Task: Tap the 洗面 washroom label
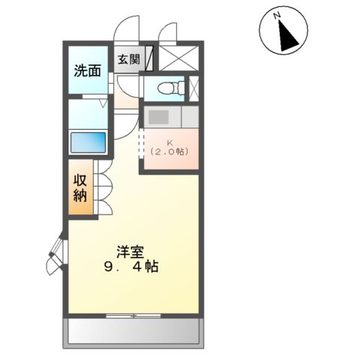(x=87, y=71)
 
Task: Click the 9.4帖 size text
(x=131, y=267)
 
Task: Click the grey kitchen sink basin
(x=159, y=117)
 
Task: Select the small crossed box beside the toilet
(x=194, y=88)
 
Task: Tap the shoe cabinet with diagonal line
(x=150, y=59)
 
